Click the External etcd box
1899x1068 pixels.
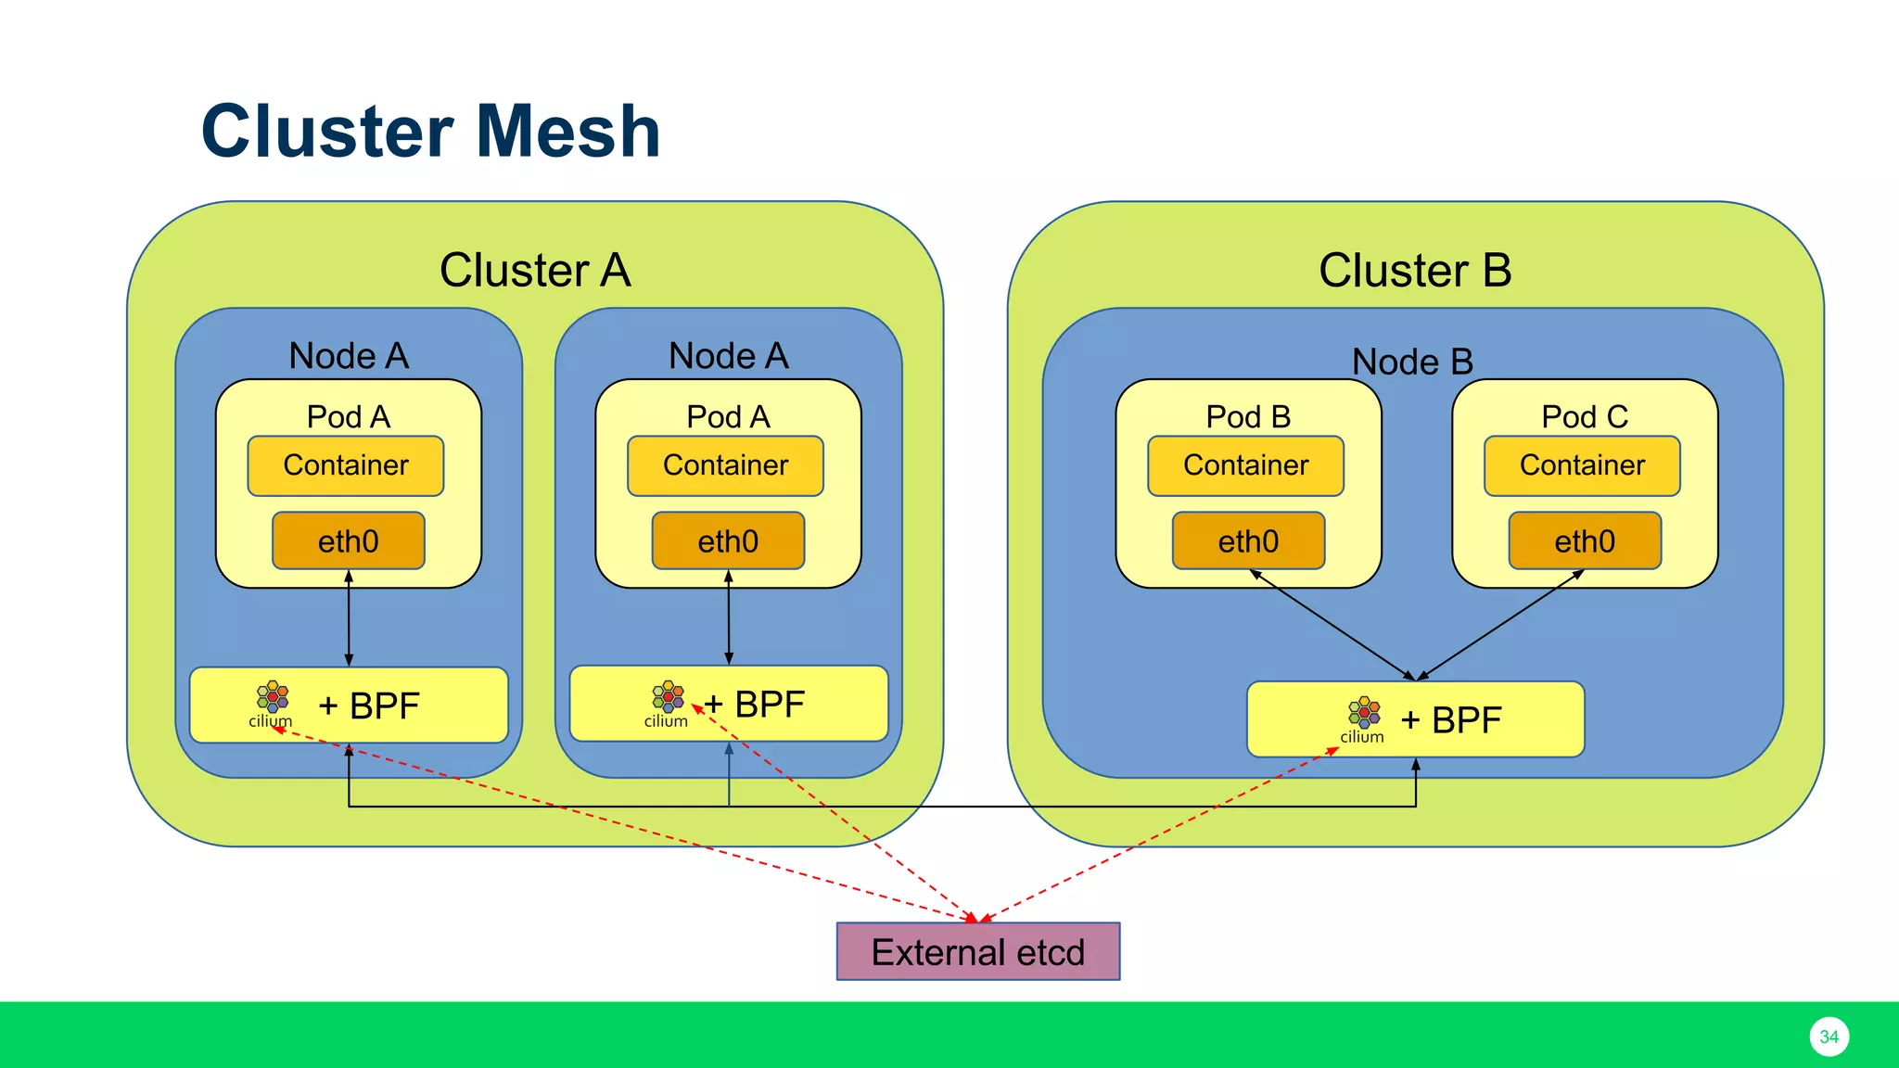[977, 951]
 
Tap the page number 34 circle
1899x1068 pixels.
[1829, 1036]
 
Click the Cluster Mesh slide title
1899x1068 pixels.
[430, 131]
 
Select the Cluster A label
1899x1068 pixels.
[535, 270]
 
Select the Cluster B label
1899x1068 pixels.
[1415, 270]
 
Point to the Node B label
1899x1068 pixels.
[1412, 362]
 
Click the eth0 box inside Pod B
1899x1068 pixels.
[1248, 540]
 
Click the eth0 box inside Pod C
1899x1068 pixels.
[1585, 540]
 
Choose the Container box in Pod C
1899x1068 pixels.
[1582, 465]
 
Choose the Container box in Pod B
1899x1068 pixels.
[1245, 465]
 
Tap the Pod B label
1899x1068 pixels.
[1248, 416]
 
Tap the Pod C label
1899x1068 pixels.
[1585, 416]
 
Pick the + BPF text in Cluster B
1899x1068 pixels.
[1451, 720]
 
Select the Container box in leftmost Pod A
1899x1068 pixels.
[346, 465]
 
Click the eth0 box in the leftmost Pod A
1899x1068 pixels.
[349, 540]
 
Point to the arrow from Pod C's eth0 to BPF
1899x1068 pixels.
[1500, 625]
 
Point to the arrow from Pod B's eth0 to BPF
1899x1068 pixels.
[1332, 625]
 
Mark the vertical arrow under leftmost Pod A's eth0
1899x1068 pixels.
[349, 617]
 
